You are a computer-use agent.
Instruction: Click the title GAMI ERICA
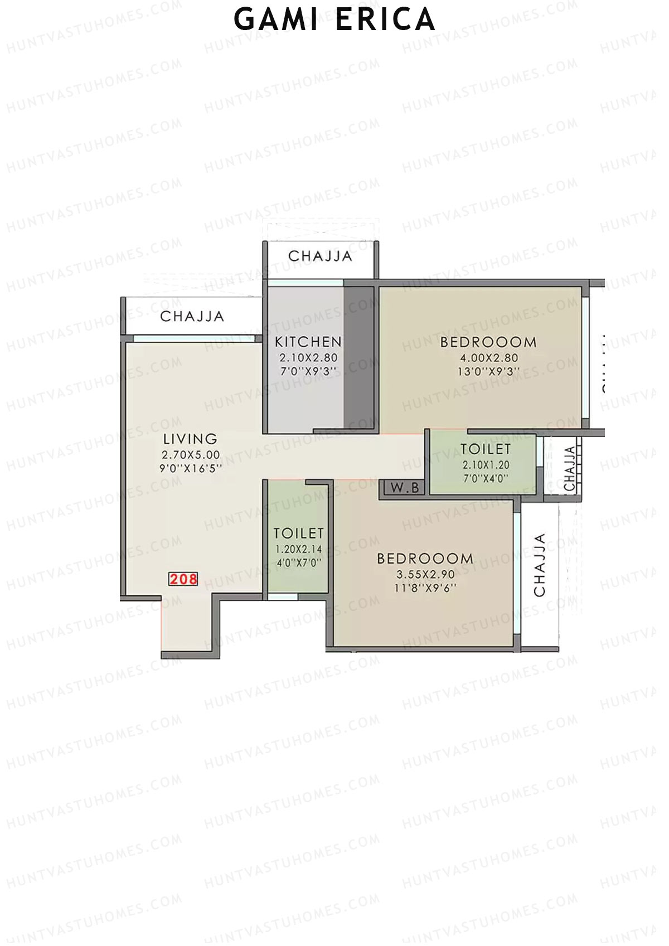(x=334, y=20)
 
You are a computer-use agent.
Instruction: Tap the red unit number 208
(x=183, y=579)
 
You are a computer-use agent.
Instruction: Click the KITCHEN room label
(x=308, y=342)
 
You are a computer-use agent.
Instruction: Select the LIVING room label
(x=190, y=439)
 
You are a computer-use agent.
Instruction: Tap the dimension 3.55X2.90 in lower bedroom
(x=425, y=574)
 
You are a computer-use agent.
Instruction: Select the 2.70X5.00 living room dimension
(x=190, y=455)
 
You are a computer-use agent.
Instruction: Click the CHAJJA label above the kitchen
(x=320, y=256)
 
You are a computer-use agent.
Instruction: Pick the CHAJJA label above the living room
(x=192, y=317)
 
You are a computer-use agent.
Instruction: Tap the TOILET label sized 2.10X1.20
(x=485, y=449)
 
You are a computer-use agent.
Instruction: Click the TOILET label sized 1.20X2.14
(x=299, y=533)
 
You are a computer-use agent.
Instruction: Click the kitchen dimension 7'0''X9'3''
(x=308, y=372)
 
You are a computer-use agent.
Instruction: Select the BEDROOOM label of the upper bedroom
(x=488, y=342)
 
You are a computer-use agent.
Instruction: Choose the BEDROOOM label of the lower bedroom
(x=425, y=559)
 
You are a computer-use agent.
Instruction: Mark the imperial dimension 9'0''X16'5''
(x=190, y=468)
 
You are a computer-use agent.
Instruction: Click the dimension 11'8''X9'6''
(x=425, y=588)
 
